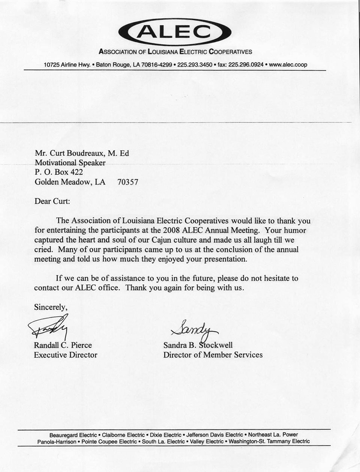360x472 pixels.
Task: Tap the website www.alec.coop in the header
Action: click(288, 64)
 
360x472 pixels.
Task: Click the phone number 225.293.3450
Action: click(195, 64)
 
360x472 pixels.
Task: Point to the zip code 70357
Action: click(128, 182)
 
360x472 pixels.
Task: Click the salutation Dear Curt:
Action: click(52, 201)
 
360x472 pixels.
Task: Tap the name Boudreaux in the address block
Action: click(85, 153)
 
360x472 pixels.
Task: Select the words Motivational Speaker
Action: click(70, 163)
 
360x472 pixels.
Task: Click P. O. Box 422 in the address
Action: click(59, 172)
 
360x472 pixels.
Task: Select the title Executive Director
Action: click(66, 355)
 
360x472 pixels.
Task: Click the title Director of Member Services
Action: click(213, 355)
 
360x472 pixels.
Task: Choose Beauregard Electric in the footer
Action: click(73, 435)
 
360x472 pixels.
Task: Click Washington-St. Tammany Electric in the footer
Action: click(269, 441)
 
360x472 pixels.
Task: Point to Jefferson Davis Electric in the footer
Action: click(215, 435)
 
